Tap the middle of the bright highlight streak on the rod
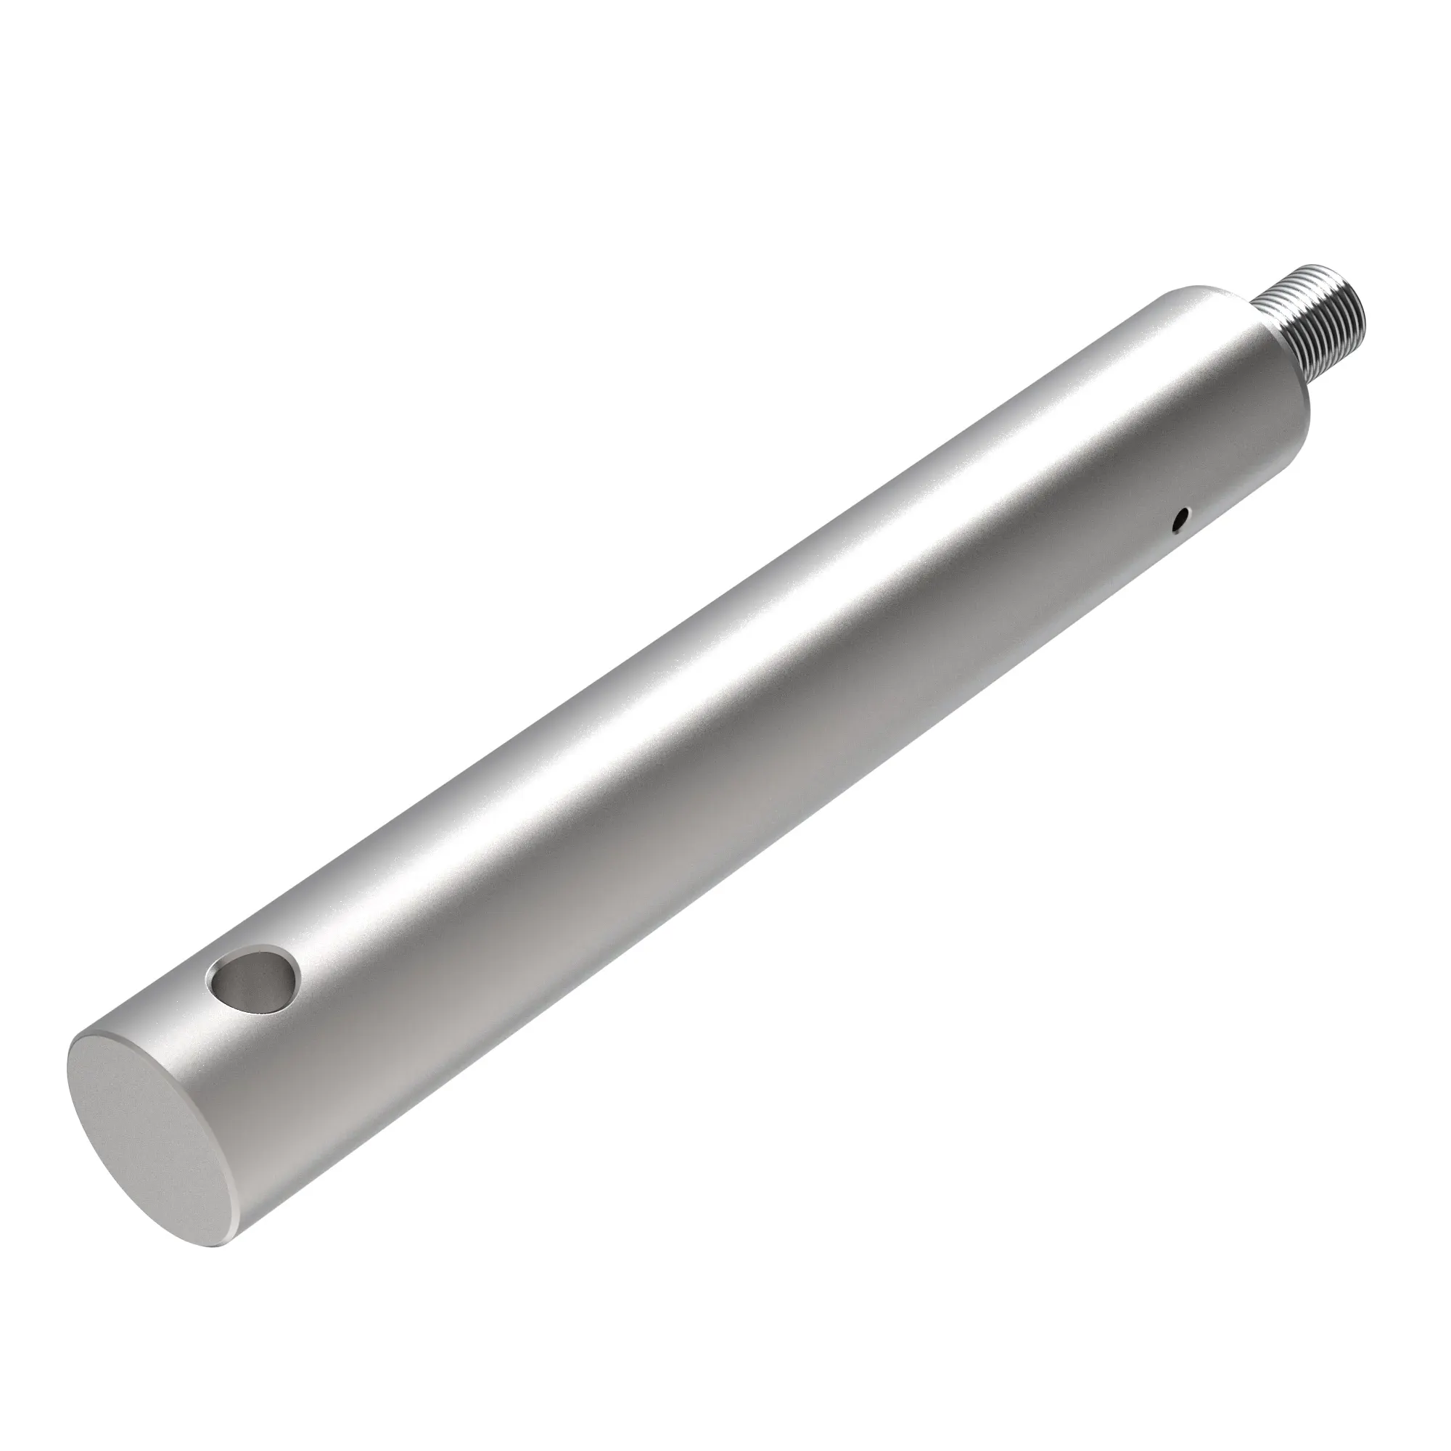(676, 676)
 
